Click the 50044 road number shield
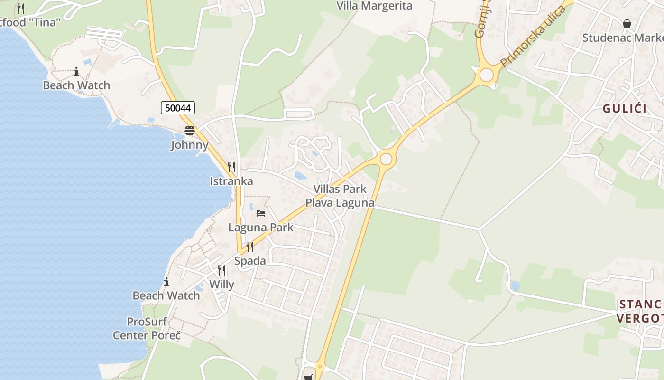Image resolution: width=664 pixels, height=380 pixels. click(178, 108)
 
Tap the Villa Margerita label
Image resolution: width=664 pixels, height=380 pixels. click(374, 6)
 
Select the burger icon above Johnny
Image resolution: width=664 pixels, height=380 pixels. click(190, 131)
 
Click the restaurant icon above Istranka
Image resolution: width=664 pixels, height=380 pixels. click(231, 167)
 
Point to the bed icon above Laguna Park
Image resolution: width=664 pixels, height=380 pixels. click(261, 213)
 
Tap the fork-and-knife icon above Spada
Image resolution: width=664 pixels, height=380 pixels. click(250, 247)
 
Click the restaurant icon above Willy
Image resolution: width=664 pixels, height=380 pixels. click(221, 270)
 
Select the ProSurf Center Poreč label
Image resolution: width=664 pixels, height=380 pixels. click(147, 328)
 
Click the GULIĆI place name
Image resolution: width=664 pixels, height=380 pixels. click(625, 108)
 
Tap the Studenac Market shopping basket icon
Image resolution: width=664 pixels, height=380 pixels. click(627, 23)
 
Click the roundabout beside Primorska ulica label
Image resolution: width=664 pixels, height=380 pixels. click(486, 75)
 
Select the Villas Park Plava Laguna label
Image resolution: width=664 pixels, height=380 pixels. click(340, 196)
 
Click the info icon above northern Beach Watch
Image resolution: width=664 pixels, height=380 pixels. click(76, 71)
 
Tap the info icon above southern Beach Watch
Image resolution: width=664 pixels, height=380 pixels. click(166, 281)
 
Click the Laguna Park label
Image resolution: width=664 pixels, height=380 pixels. click(261, 227)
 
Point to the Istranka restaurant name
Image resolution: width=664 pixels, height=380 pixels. click(231, 181)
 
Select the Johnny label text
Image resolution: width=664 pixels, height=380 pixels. click(190, 145)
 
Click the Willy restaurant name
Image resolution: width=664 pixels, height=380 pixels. click(221, 285)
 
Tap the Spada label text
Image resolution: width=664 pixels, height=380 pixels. click(250, 261)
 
